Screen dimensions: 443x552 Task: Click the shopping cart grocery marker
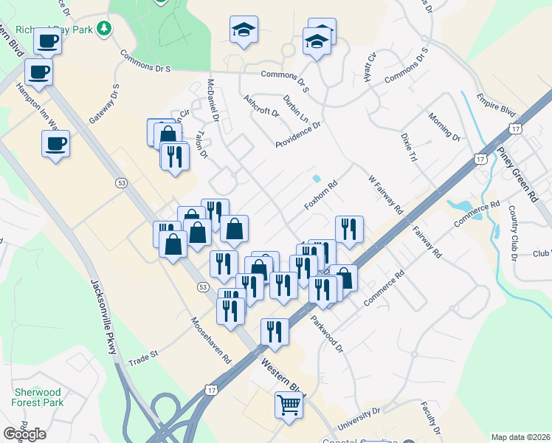coord(289,404)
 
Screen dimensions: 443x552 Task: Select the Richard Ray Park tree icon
coord(105,28)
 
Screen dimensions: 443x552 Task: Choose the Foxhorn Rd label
coord(321,196)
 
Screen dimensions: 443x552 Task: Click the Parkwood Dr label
coord(327,333)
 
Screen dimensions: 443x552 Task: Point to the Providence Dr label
coord(299,135)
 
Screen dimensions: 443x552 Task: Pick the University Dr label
coord(359,419)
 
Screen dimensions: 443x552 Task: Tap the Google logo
coord(24,434)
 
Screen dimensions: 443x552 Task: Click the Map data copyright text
coord(521,437)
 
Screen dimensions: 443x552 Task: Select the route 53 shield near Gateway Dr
coord(119,182)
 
